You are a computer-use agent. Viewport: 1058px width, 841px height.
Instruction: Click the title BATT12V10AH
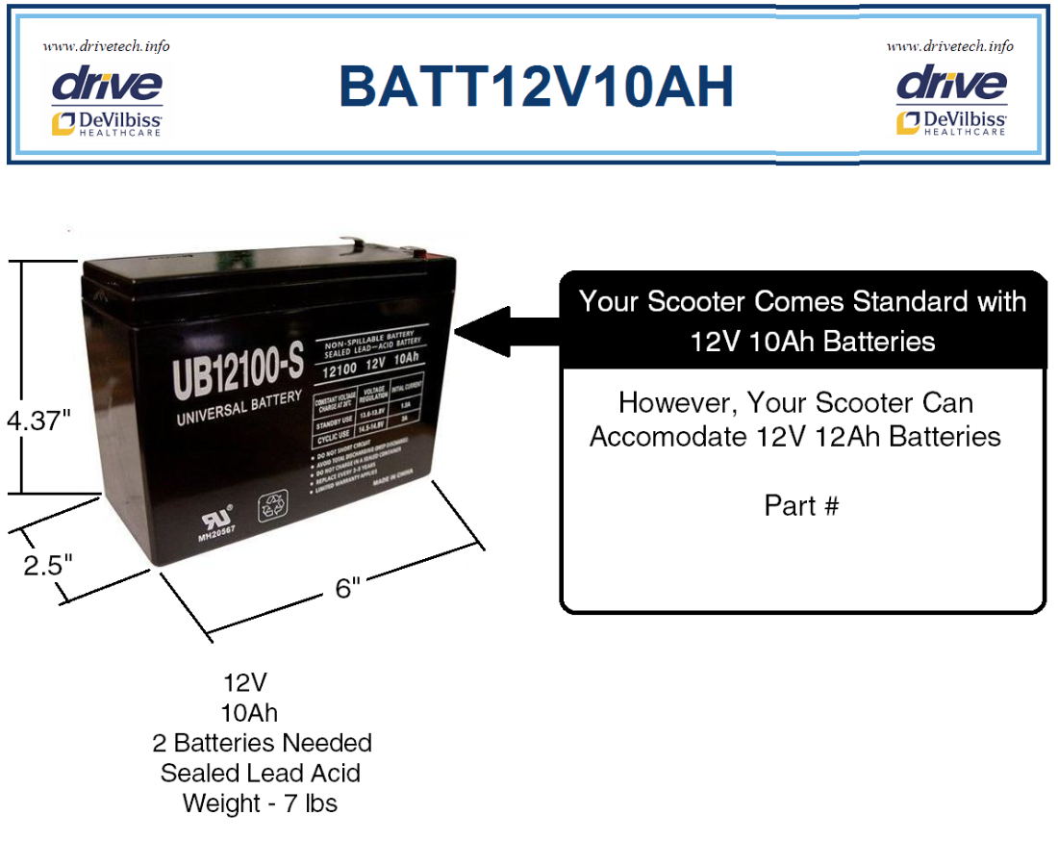click(537, 87)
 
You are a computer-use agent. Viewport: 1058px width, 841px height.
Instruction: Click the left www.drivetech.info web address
click(106, 46)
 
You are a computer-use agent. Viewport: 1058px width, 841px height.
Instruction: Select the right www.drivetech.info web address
click(950, 46)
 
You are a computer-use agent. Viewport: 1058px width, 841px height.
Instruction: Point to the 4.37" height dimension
click(38, 421)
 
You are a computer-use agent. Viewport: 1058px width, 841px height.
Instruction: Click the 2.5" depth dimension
click(48, 565)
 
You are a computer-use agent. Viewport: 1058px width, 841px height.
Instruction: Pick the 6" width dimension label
click(347, 588)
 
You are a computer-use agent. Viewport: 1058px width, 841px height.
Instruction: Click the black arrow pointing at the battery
click(505, 331)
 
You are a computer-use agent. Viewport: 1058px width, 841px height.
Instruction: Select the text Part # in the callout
click(801, 505)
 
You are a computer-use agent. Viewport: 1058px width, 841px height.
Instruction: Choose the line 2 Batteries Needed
click(262, 743)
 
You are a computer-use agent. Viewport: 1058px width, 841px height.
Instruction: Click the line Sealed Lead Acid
click(261, 773)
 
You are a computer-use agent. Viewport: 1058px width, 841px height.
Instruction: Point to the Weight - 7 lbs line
click(261, 803)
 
